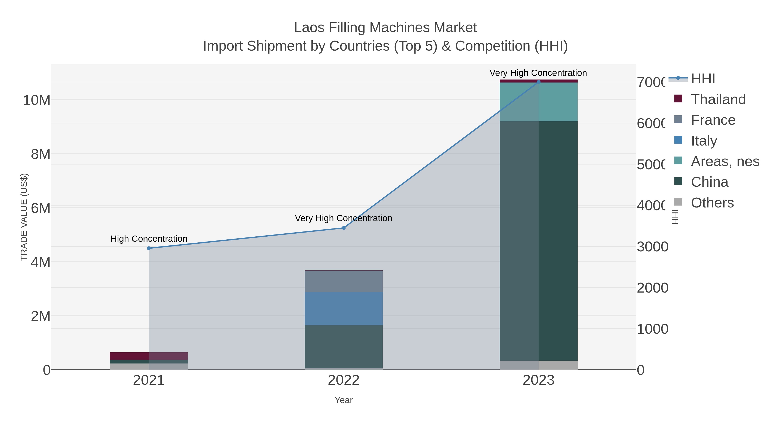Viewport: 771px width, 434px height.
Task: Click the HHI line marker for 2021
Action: [x=149, y=248]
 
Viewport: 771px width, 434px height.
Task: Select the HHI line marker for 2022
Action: [x=344, y=228]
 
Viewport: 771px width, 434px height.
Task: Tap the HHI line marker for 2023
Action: [x=538, y=82]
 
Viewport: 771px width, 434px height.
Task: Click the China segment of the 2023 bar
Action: [x=538, y=241]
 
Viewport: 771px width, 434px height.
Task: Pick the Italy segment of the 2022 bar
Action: [x=344, y=308]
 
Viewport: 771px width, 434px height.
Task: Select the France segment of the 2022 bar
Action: [x=344, y=281]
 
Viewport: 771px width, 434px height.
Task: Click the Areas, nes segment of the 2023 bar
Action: [x=538, y=102]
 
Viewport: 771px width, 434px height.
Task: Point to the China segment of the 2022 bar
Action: [x=344, y=347]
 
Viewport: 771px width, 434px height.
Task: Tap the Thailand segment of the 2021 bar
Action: [x=149, y=356]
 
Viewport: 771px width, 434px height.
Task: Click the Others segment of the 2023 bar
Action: [x=538, y=365]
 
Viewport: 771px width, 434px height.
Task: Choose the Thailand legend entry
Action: [x=718, y=99]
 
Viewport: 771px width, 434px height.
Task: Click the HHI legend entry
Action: [x=703, y=79]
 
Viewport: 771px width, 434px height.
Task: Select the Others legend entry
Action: [x=712, y=203]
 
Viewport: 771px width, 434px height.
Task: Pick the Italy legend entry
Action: [x=704, y=141]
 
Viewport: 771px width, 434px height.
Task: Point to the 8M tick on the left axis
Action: [x=40, y=154]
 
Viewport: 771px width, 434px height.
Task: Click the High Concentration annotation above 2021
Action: [x=149, y=239]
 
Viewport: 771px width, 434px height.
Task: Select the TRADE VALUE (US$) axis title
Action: [x=24, y=217]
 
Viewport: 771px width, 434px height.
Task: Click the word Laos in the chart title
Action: [x=309, y=28]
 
